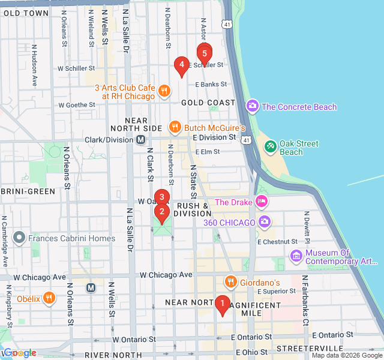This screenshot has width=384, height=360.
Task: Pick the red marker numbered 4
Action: (181, 65)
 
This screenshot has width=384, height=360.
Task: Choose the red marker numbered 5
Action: (204, 54)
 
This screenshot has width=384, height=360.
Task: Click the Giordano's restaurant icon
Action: (230, 281)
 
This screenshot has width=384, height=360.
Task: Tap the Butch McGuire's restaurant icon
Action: (175, 127)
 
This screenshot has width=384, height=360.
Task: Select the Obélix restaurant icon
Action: (50, 297)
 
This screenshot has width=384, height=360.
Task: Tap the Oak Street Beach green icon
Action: (270, 146)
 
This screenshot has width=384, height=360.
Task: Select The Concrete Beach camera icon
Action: (252, 107)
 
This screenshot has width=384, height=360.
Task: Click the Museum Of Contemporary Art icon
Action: (296, 256)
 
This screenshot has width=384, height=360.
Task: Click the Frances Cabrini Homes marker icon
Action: (19, 238)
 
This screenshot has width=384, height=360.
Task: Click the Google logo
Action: (20, 353)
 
